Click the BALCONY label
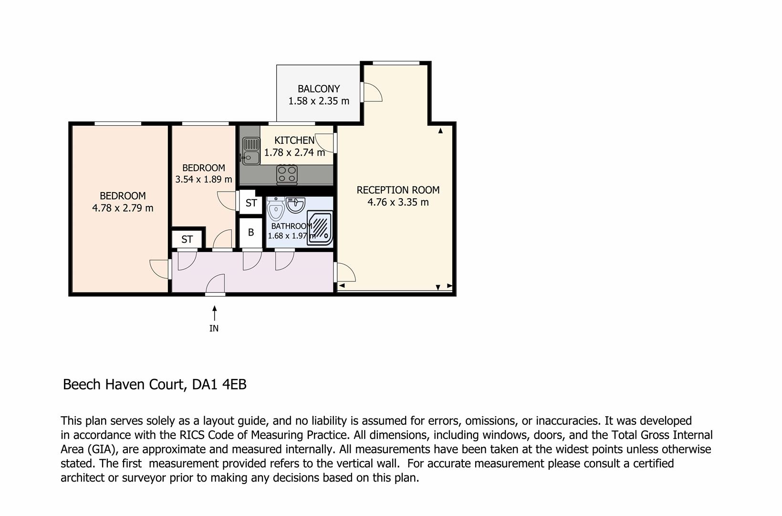click(x=318, y=89)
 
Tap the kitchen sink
click(x=251, y=151)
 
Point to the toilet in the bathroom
click(x=276, y=209)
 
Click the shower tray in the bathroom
click(x=320, y=227)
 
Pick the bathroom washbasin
click(x=295, y=204)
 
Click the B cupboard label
click(x=250, y=232)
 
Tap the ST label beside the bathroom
click(x=251, y=203)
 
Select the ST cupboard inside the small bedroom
click(x=187, y=239)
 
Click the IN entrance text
click(x=214, y=328)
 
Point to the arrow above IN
click(x=214, y=313)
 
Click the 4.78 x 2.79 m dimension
click(x=123, y=208)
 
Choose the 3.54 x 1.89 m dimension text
click(x=204, y=179)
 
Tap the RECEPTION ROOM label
click(x=398, y=190)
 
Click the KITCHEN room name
click(x=294, y=140)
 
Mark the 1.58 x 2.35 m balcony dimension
click(x=318, y=101)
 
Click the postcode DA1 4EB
click(x=219, y=384)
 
